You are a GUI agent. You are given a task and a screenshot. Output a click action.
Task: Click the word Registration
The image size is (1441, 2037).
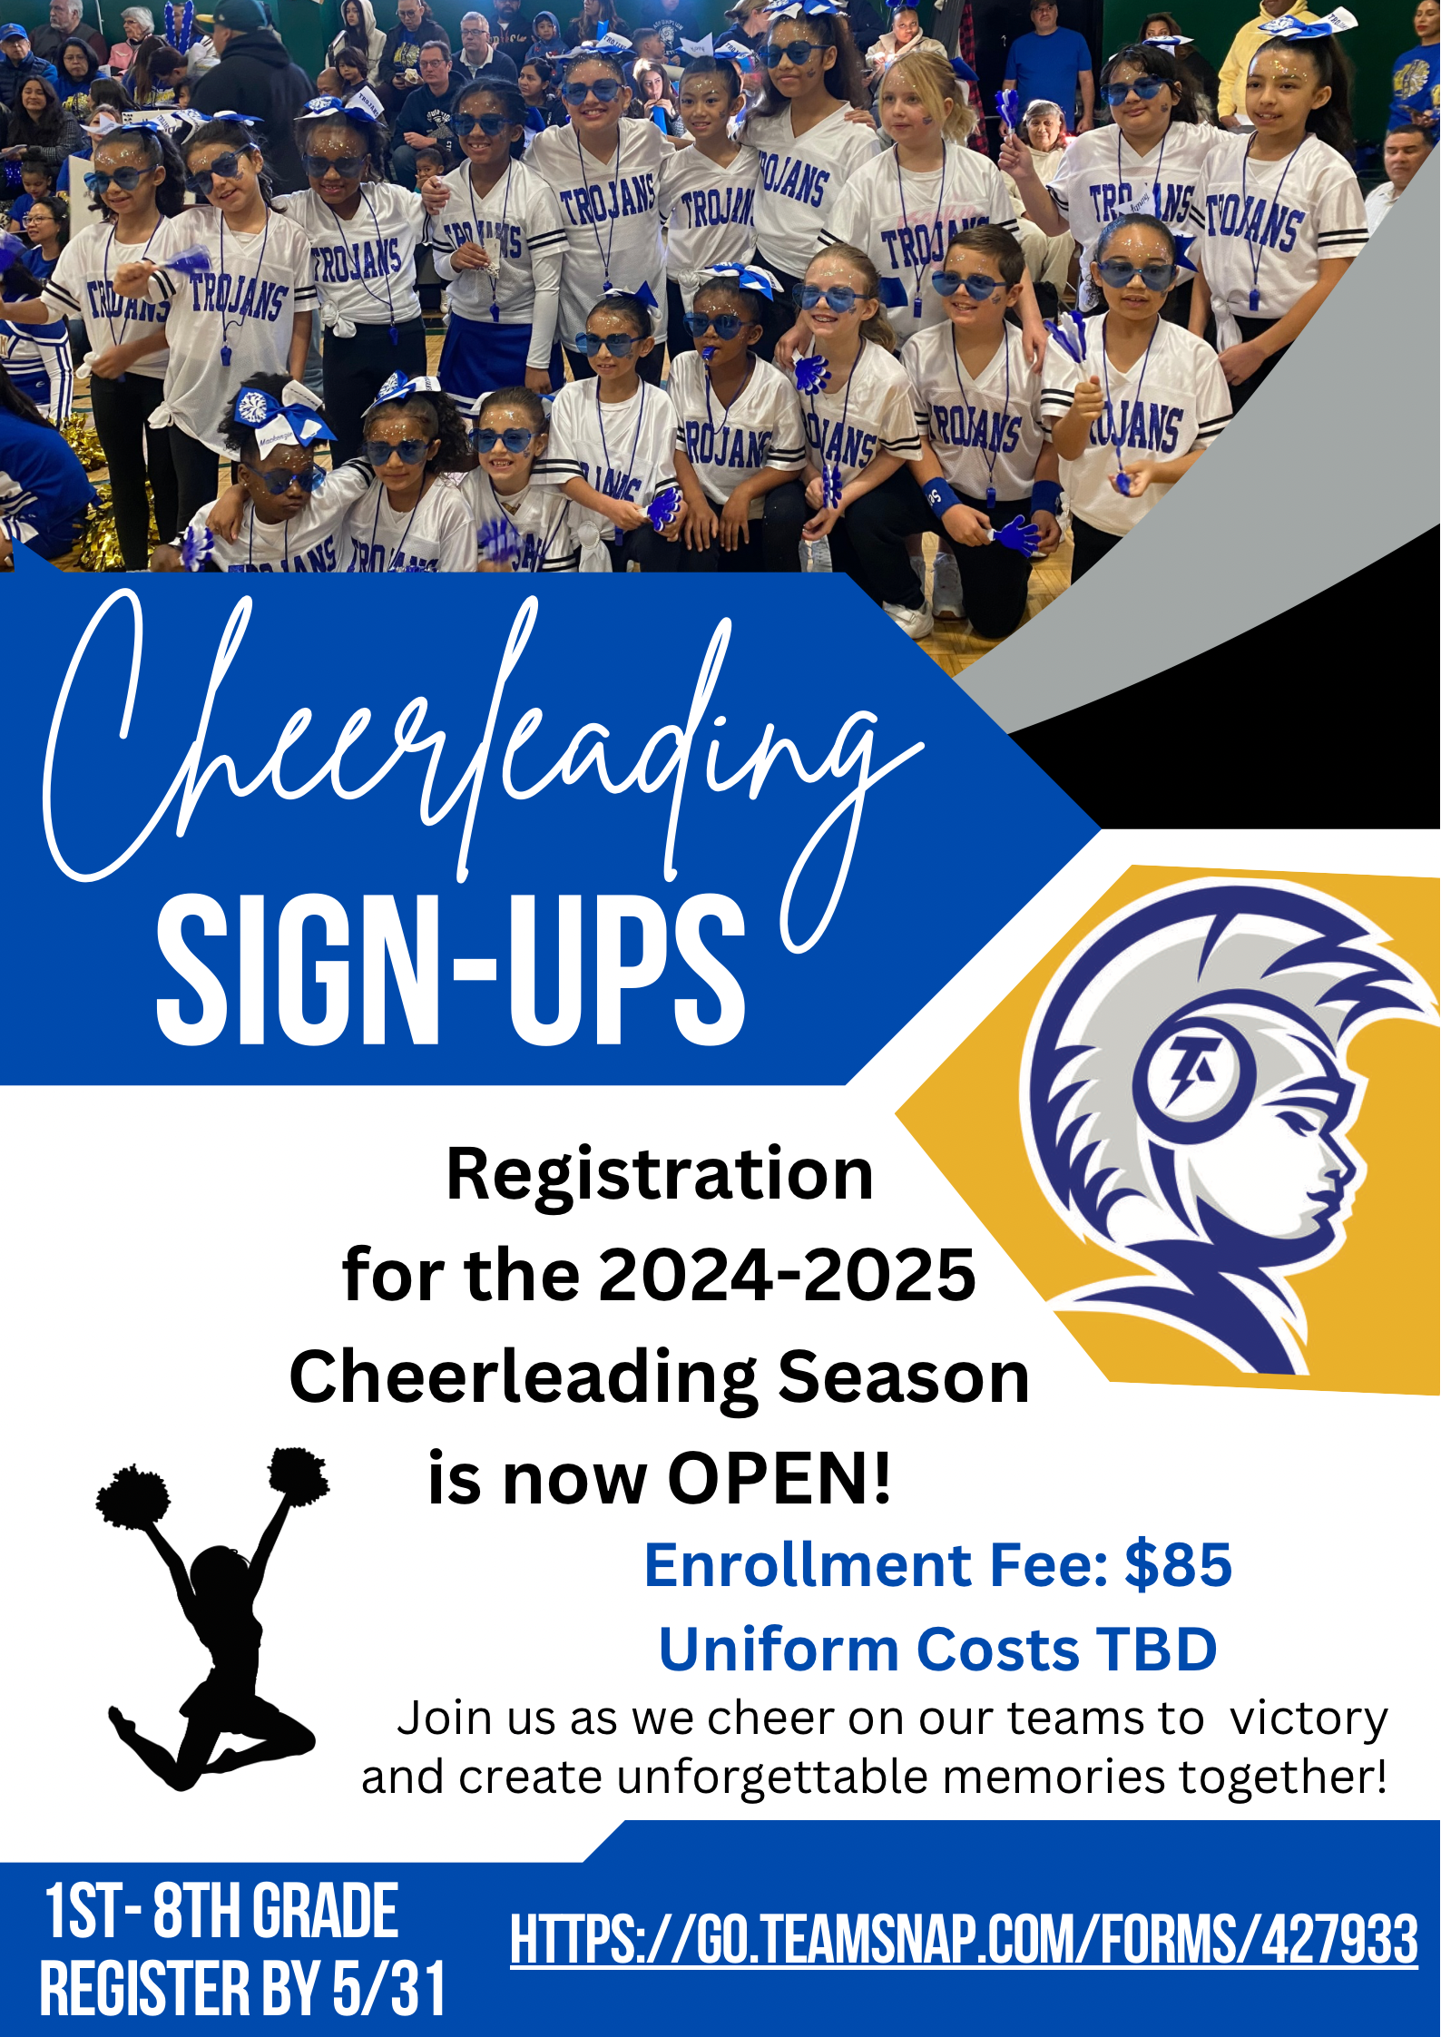coord(660,1174)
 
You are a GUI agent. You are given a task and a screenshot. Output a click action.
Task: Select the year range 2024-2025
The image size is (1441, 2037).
coord(787,1275)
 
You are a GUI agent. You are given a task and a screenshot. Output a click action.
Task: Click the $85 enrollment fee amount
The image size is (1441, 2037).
coord(1178,1565)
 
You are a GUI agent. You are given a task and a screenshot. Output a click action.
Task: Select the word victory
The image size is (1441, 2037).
coord(1309,1718)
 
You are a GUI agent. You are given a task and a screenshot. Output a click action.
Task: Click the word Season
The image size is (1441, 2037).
coord(903,1376)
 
